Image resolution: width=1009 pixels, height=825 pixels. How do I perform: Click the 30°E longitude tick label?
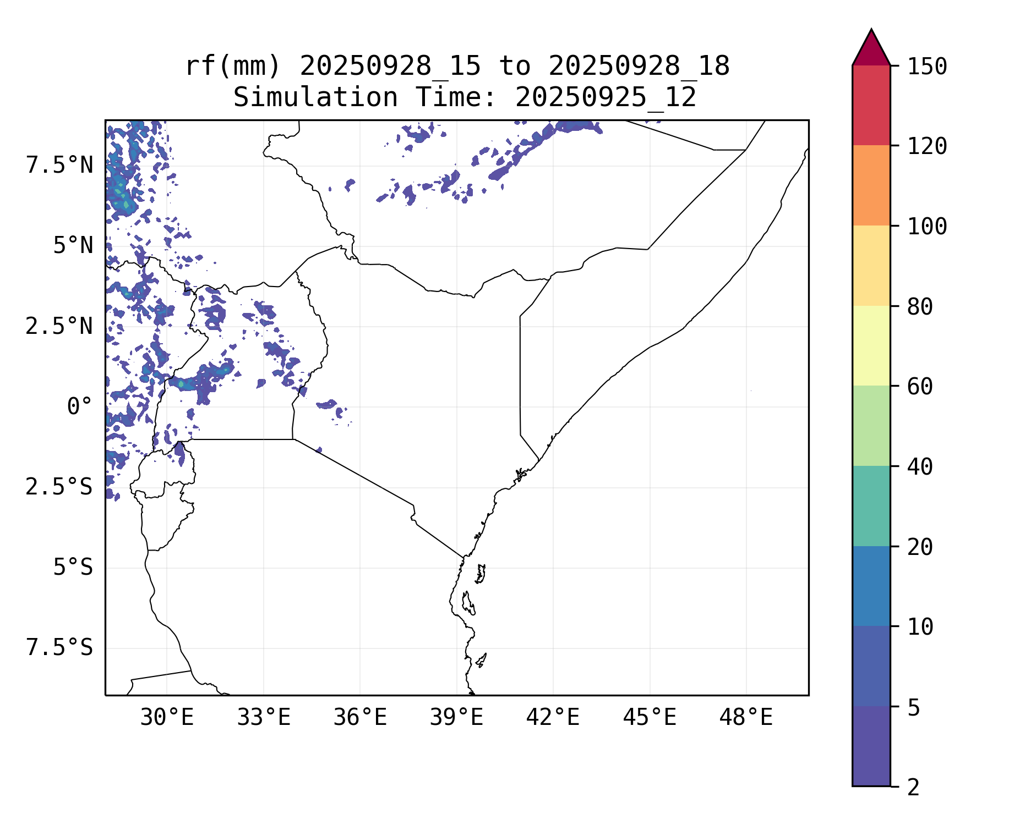coord(167,718)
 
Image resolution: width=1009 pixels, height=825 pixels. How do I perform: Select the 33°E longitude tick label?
coord(264,718)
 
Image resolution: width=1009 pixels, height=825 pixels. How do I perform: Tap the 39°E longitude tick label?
coord(456,718)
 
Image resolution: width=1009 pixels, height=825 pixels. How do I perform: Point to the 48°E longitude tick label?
coord(746,718)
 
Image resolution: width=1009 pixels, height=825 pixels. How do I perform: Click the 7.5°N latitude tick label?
coord(59,166)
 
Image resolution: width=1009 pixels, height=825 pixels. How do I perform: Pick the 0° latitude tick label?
coord(80,407)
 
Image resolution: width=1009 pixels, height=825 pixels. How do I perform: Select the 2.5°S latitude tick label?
coord(59,487)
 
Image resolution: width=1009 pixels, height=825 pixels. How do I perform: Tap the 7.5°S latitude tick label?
coord(59,648)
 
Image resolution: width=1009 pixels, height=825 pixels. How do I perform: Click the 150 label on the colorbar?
coord(927,67)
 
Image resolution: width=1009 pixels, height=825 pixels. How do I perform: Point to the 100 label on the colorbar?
coord(927,226)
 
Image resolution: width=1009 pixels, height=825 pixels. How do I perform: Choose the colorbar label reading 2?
coord(913,787)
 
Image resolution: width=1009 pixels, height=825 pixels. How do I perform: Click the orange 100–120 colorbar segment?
coord(871,185)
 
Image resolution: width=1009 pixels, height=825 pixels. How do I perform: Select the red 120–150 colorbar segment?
coord(871,105)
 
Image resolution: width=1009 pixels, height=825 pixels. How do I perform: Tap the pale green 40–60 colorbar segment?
coord(871,426)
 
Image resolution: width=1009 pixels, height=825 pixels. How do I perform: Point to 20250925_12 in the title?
coord(606,98)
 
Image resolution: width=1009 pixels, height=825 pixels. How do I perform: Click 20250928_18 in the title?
coord(639,67)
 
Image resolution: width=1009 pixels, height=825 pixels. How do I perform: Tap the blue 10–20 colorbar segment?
coord(871,586)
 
